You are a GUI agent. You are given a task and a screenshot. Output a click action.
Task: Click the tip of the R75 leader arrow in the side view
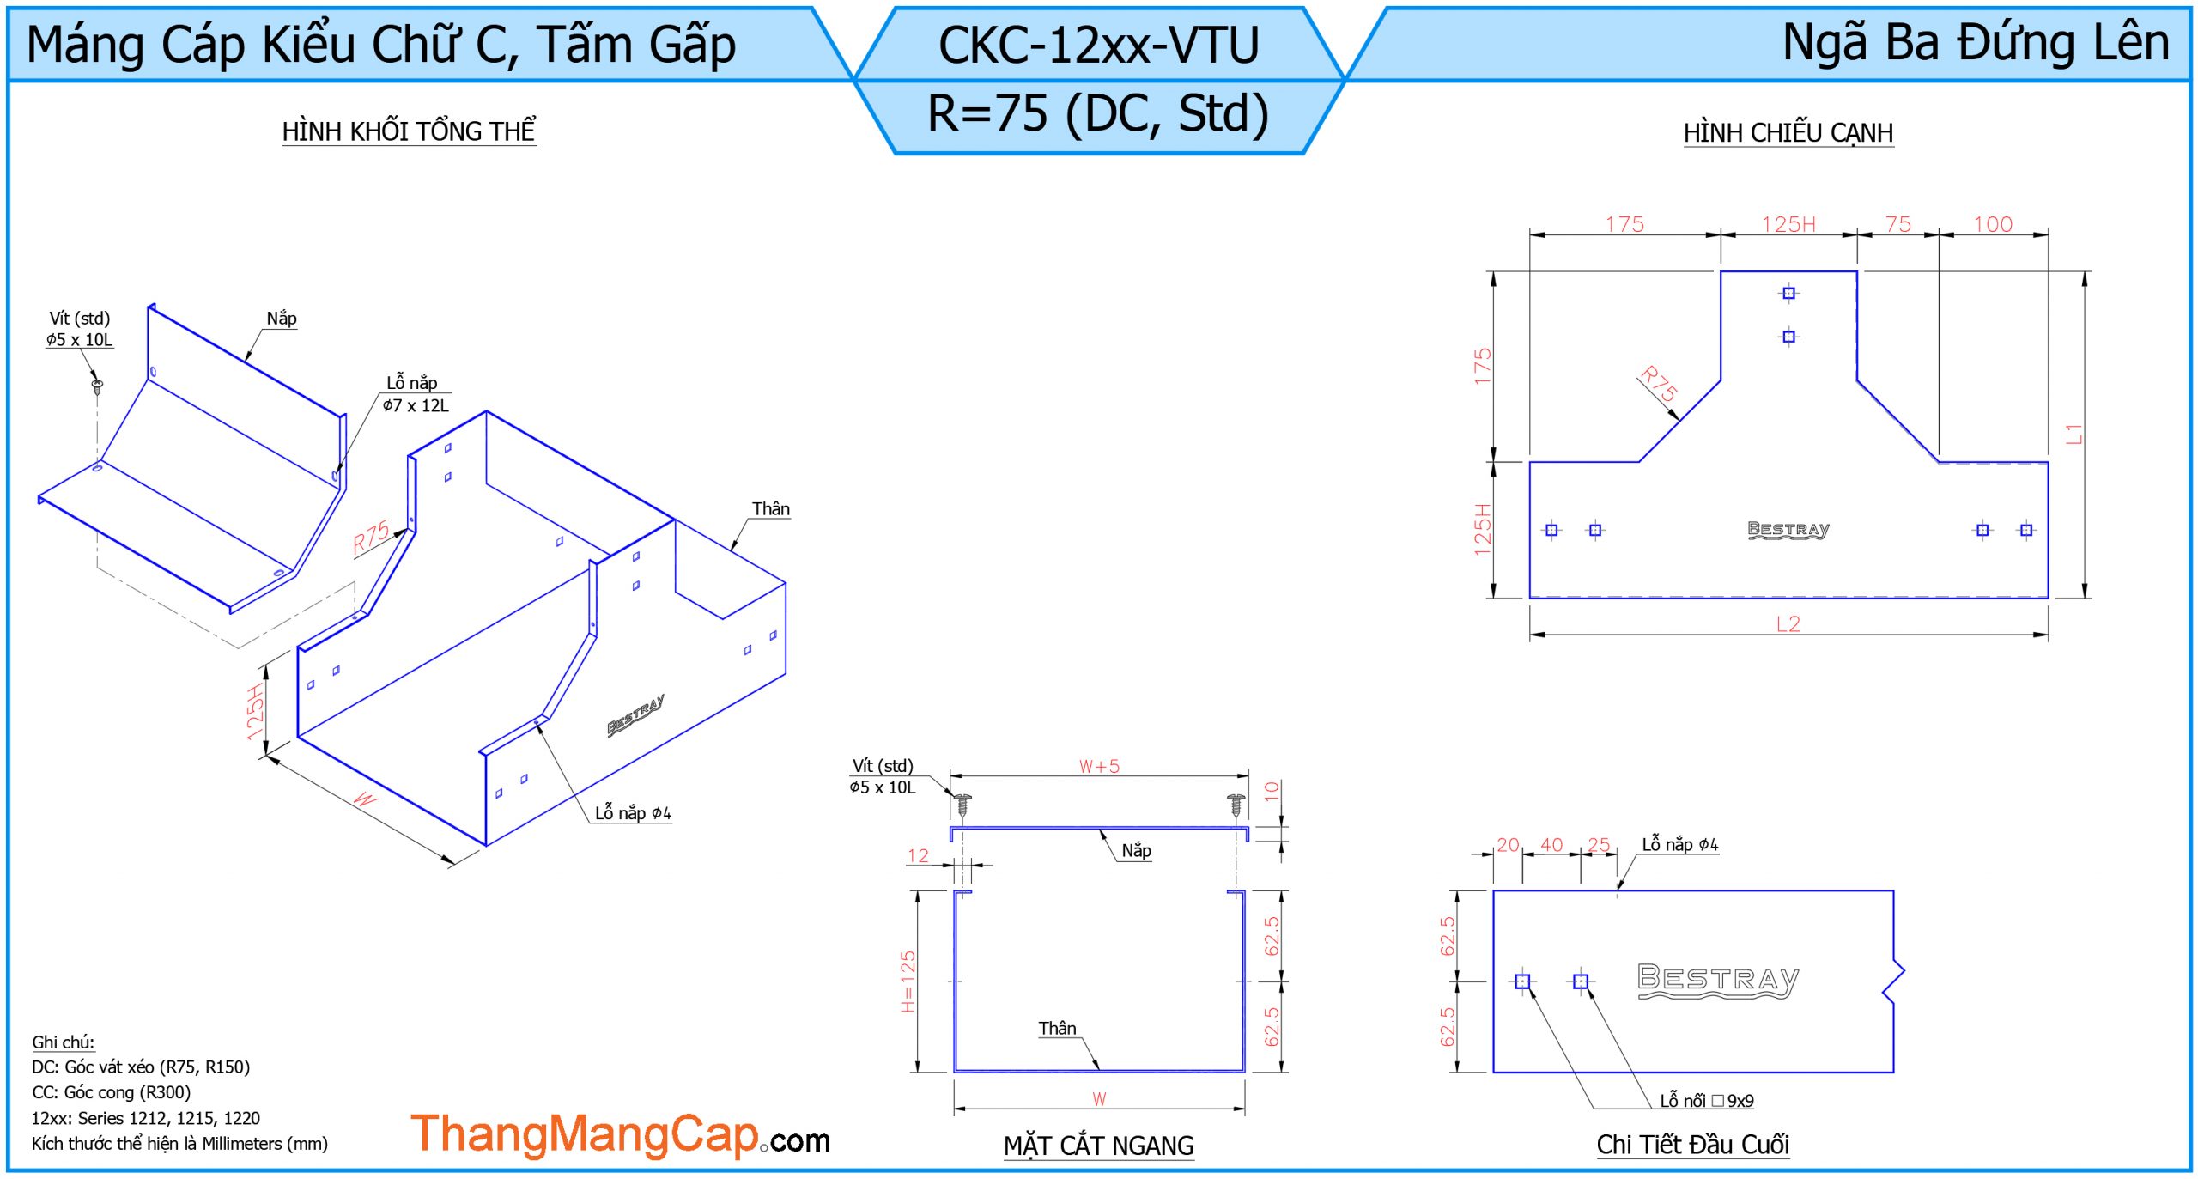pos(1679,421)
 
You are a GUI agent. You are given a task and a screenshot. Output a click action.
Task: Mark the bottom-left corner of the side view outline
pos(1530,598)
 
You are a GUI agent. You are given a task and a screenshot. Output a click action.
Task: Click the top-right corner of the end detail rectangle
pos(1893,891)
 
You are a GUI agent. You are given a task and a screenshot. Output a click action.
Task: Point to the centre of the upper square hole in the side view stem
pos(1788,293)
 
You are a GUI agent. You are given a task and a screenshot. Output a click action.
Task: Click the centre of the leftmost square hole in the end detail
pos(1522,981)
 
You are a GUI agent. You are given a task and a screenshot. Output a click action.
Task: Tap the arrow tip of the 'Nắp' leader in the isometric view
pos(246,362)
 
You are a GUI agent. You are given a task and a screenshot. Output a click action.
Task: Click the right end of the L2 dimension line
pos(2048,635)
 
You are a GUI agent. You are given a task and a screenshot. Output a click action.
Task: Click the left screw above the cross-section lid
pos(962,805)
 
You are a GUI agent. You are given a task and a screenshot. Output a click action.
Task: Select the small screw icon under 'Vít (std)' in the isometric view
pos(98,386)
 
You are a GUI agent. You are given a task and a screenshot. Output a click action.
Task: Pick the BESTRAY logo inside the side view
pos(1788,530)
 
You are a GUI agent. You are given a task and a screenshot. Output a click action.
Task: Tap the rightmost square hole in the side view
pos(2026,530)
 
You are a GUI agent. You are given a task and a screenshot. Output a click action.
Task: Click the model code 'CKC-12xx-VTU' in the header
pos(1099,45)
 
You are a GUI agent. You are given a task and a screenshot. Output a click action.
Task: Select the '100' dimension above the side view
pos(1993,224)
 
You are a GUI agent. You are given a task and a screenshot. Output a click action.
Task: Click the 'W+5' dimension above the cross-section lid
pos(1099,766)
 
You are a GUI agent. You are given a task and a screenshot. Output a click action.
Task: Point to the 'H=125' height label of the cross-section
pos(908,981)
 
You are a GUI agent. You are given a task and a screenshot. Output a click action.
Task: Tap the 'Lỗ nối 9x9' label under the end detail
pos(1707,1101)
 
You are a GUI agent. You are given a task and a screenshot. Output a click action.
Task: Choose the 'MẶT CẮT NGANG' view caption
pos(1099,1146)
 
